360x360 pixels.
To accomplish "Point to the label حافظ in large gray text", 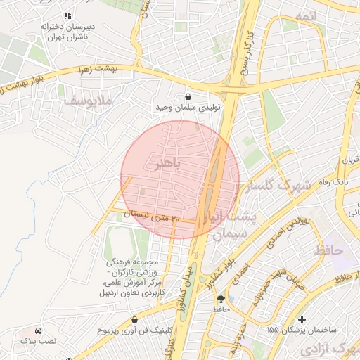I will pyautogui.click(x=329, y=250).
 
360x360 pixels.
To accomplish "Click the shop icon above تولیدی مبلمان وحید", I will pyautogui.click(x=188, y=96).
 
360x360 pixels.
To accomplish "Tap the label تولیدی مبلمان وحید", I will pyautogui.click(x=186, y=108).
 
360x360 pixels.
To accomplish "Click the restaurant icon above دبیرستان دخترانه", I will pyautogui.click(x=67, y=15).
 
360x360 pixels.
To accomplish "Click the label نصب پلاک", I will pyautogui.click(x=37, y=341).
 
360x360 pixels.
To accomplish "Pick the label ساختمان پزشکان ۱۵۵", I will pyautogui.click(x=302, y=329).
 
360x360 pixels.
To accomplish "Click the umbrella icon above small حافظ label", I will pyautogui.click(x=221, y=299).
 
